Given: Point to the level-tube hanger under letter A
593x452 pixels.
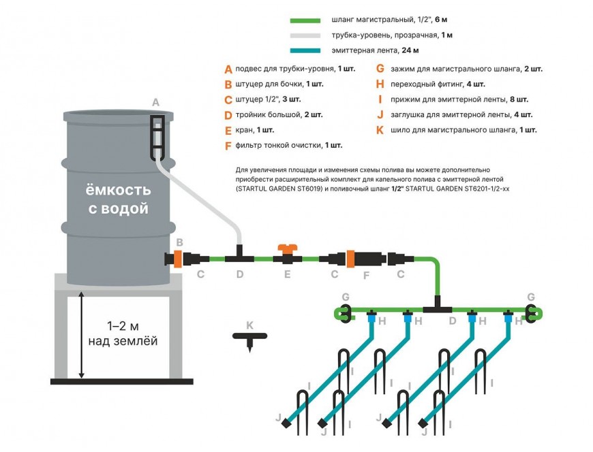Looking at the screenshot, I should click(x=156, y=135).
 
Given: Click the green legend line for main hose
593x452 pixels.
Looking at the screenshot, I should click(x=309, y=21).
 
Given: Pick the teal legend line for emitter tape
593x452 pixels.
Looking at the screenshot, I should click(x=309, y=50).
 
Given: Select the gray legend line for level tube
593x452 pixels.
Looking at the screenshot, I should click(x=309, y=35).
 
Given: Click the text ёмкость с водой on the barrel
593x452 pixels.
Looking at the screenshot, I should click(x=118, y=199).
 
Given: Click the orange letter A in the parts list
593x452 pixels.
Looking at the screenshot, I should click(x=228, y=69).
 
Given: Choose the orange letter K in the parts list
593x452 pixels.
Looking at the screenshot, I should click(x=380, y=129).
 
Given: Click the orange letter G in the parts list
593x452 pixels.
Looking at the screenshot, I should click(x=380, y=69).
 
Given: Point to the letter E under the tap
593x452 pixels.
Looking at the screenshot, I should click(x=287, y=275).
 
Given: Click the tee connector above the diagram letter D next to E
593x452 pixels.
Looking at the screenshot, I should click(x=239, y=257).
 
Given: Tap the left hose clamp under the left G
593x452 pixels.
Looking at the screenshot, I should click(x=346, y=312).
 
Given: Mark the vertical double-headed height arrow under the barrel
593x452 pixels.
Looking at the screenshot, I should click(x=82, y=334).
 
